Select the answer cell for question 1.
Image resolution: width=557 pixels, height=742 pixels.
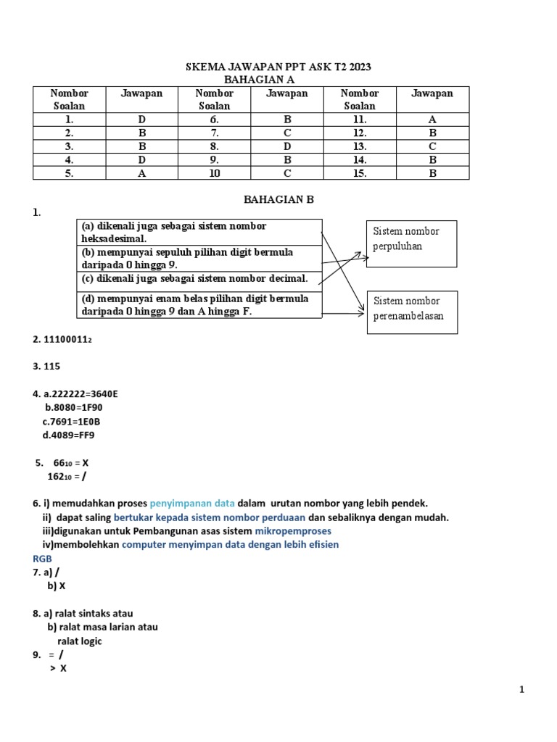click(x=141, y=119)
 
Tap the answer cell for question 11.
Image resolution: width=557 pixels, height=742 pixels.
click(x=432, y=119)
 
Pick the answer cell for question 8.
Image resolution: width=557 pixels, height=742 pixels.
click(x=287, y=146)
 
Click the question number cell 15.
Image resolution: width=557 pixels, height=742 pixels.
click(x=360, y=173)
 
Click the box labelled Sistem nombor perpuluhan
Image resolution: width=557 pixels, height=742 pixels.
click(x=411, y=243)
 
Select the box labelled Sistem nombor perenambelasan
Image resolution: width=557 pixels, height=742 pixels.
click(x=411, y=309)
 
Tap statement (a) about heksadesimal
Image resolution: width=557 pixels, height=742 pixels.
click(x=199, y=232)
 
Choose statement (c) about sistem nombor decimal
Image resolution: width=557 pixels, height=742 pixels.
click(x=199, y=279)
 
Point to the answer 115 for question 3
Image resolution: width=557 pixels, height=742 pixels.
click(x=51, y=366)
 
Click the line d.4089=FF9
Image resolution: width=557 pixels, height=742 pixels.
click(x=69, y=435)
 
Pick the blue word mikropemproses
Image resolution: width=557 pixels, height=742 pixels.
click(x=294, y=531)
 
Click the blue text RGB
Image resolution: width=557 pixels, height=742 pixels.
click(x=43, y=559)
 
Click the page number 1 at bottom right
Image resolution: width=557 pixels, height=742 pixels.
click(x=521, y=691)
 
